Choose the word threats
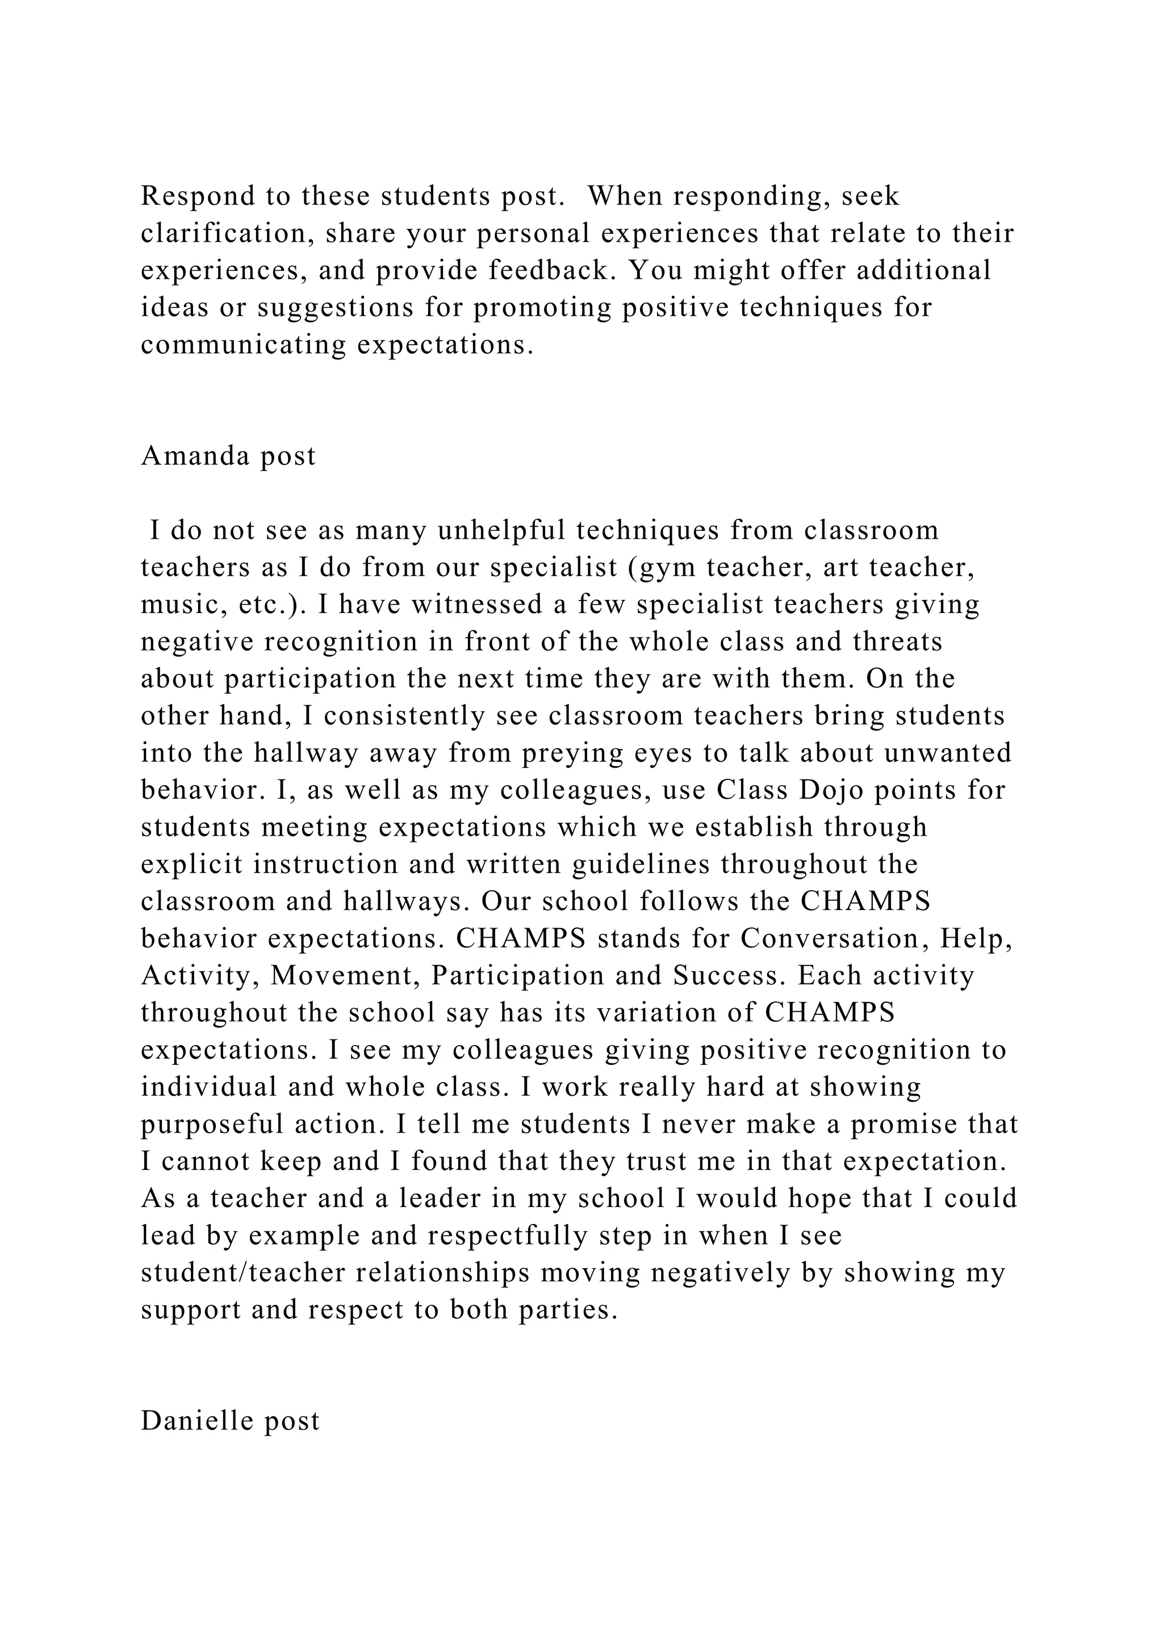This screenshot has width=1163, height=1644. (x=897, y=641)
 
